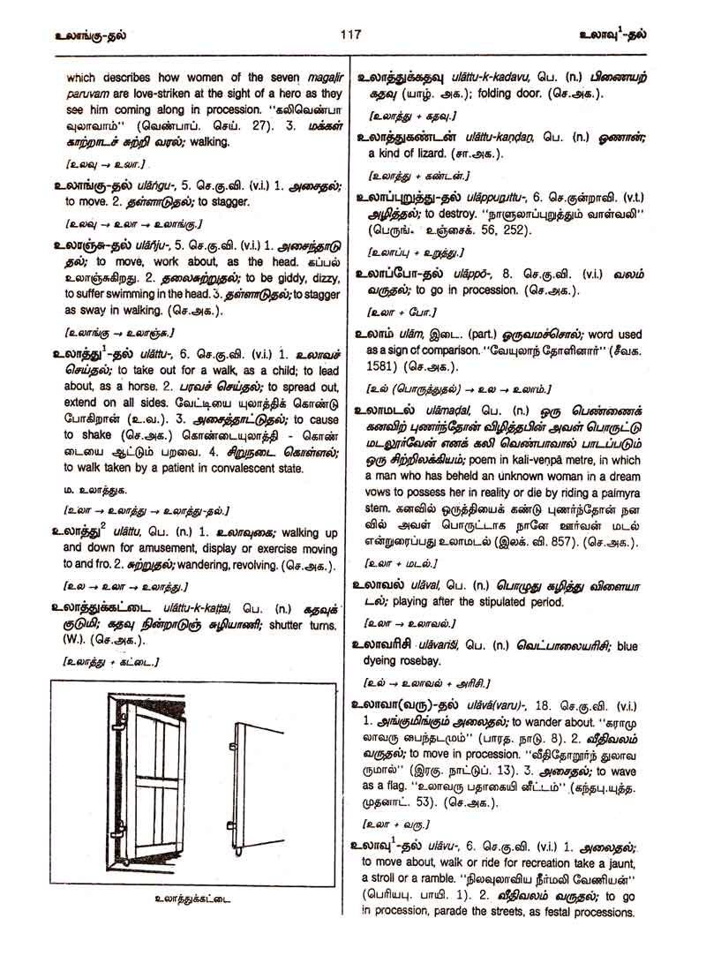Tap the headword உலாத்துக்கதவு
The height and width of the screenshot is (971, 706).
tap(403, 79)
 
